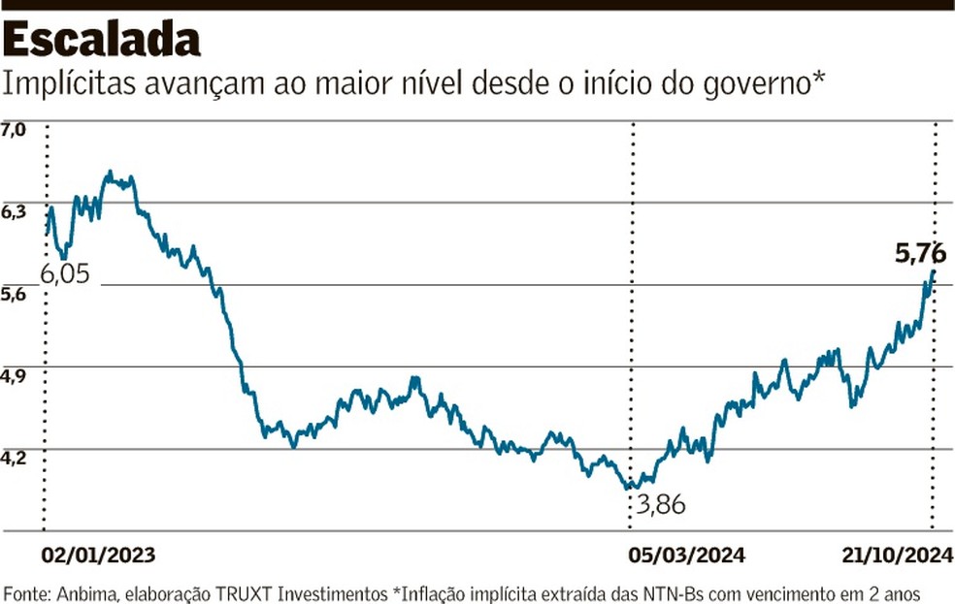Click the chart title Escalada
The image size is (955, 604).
point(102,40)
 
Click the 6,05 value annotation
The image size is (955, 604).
point(64,274)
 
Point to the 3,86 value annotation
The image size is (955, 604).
point(667,504)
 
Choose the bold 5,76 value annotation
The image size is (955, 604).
point(919,254)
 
